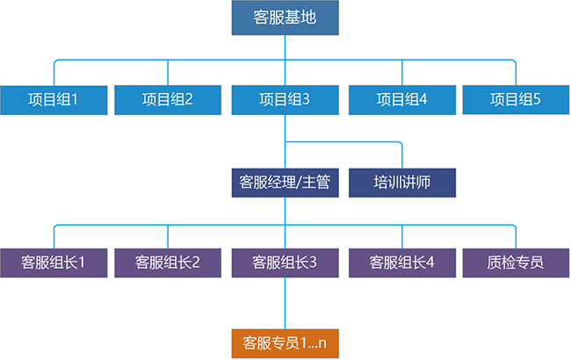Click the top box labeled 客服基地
click(285, 18)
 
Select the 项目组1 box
click(54, 99)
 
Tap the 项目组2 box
click(167, 99)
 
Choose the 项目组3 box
click(285, 99)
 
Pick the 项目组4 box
click(401, 99)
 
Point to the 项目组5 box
click(515, 99)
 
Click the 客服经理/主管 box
click(285, 183)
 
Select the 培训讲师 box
click(401, 183)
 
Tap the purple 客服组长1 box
click(54, 262)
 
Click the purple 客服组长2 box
click(167, 262)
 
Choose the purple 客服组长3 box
click(285, 262)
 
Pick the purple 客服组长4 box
click(401, 262)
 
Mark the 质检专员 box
click(515, 262)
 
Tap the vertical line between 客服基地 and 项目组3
click(285, 48)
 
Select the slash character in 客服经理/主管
click(301, 183)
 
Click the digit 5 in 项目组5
click(537, 99)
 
